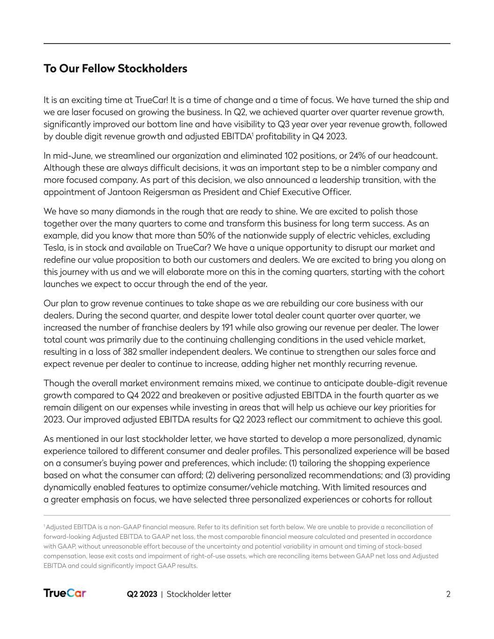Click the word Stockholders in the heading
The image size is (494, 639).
pos(152,69)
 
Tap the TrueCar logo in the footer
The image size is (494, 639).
pos(65,594)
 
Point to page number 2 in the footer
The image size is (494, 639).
pos(448,594)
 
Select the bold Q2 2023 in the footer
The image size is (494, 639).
pos(142,594)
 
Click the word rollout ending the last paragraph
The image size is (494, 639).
pos(418,499)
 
